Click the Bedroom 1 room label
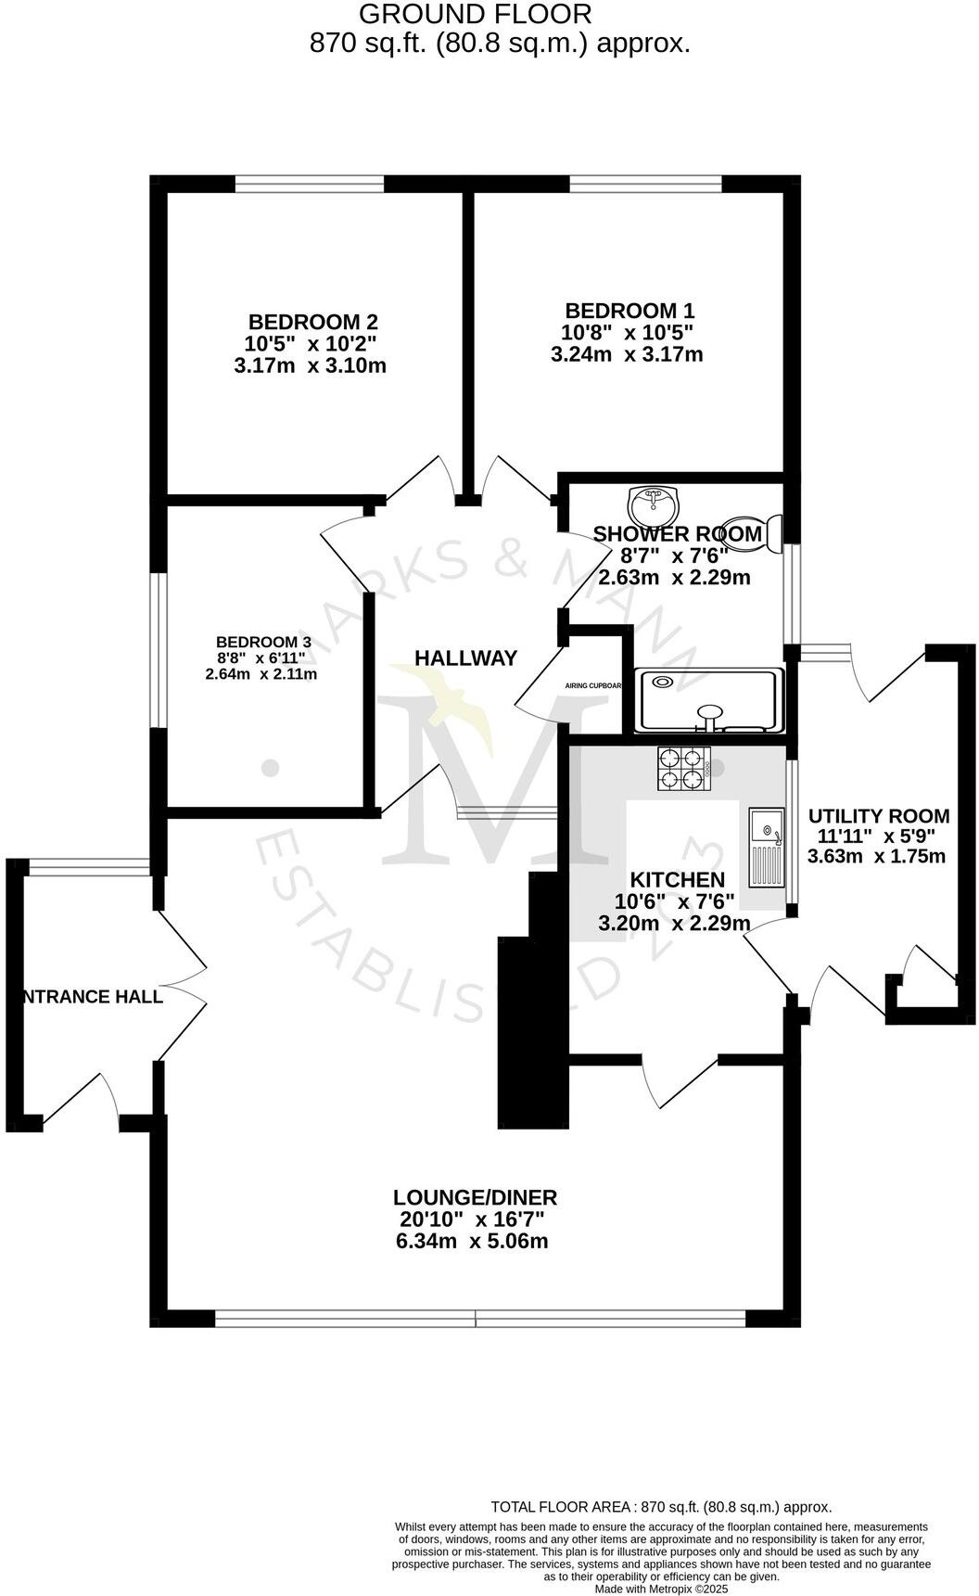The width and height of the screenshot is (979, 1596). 629,311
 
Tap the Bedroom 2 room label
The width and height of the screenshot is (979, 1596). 312,322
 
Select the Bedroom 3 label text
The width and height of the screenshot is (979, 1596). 262,642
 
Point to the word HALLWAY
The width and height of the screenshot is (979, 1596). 465,658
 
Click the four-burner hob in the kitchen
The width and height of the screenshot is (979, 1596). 684,769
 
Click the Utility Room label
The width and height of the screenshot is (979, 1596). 878,816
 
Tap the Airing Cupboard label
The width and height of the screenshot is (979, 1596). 593,686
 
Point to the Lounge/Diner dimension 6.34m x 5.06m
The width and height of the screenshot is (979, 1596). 472,1241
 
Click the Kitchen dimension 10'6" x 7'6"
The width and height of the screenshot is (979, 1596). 674,901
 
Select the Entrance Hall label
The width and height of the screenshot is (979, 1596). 93,997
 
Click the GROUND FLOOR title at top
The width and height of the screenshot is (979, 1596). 475,15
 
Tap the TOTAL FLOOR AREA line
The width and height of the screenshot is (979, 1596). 660,1507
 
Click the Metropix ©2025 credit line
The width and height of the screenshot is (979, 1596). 661,1589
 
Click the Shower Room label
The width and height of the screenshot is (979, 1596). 677,534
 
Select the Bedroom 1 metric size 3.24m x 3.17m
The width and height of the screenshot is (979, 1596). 627,354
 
